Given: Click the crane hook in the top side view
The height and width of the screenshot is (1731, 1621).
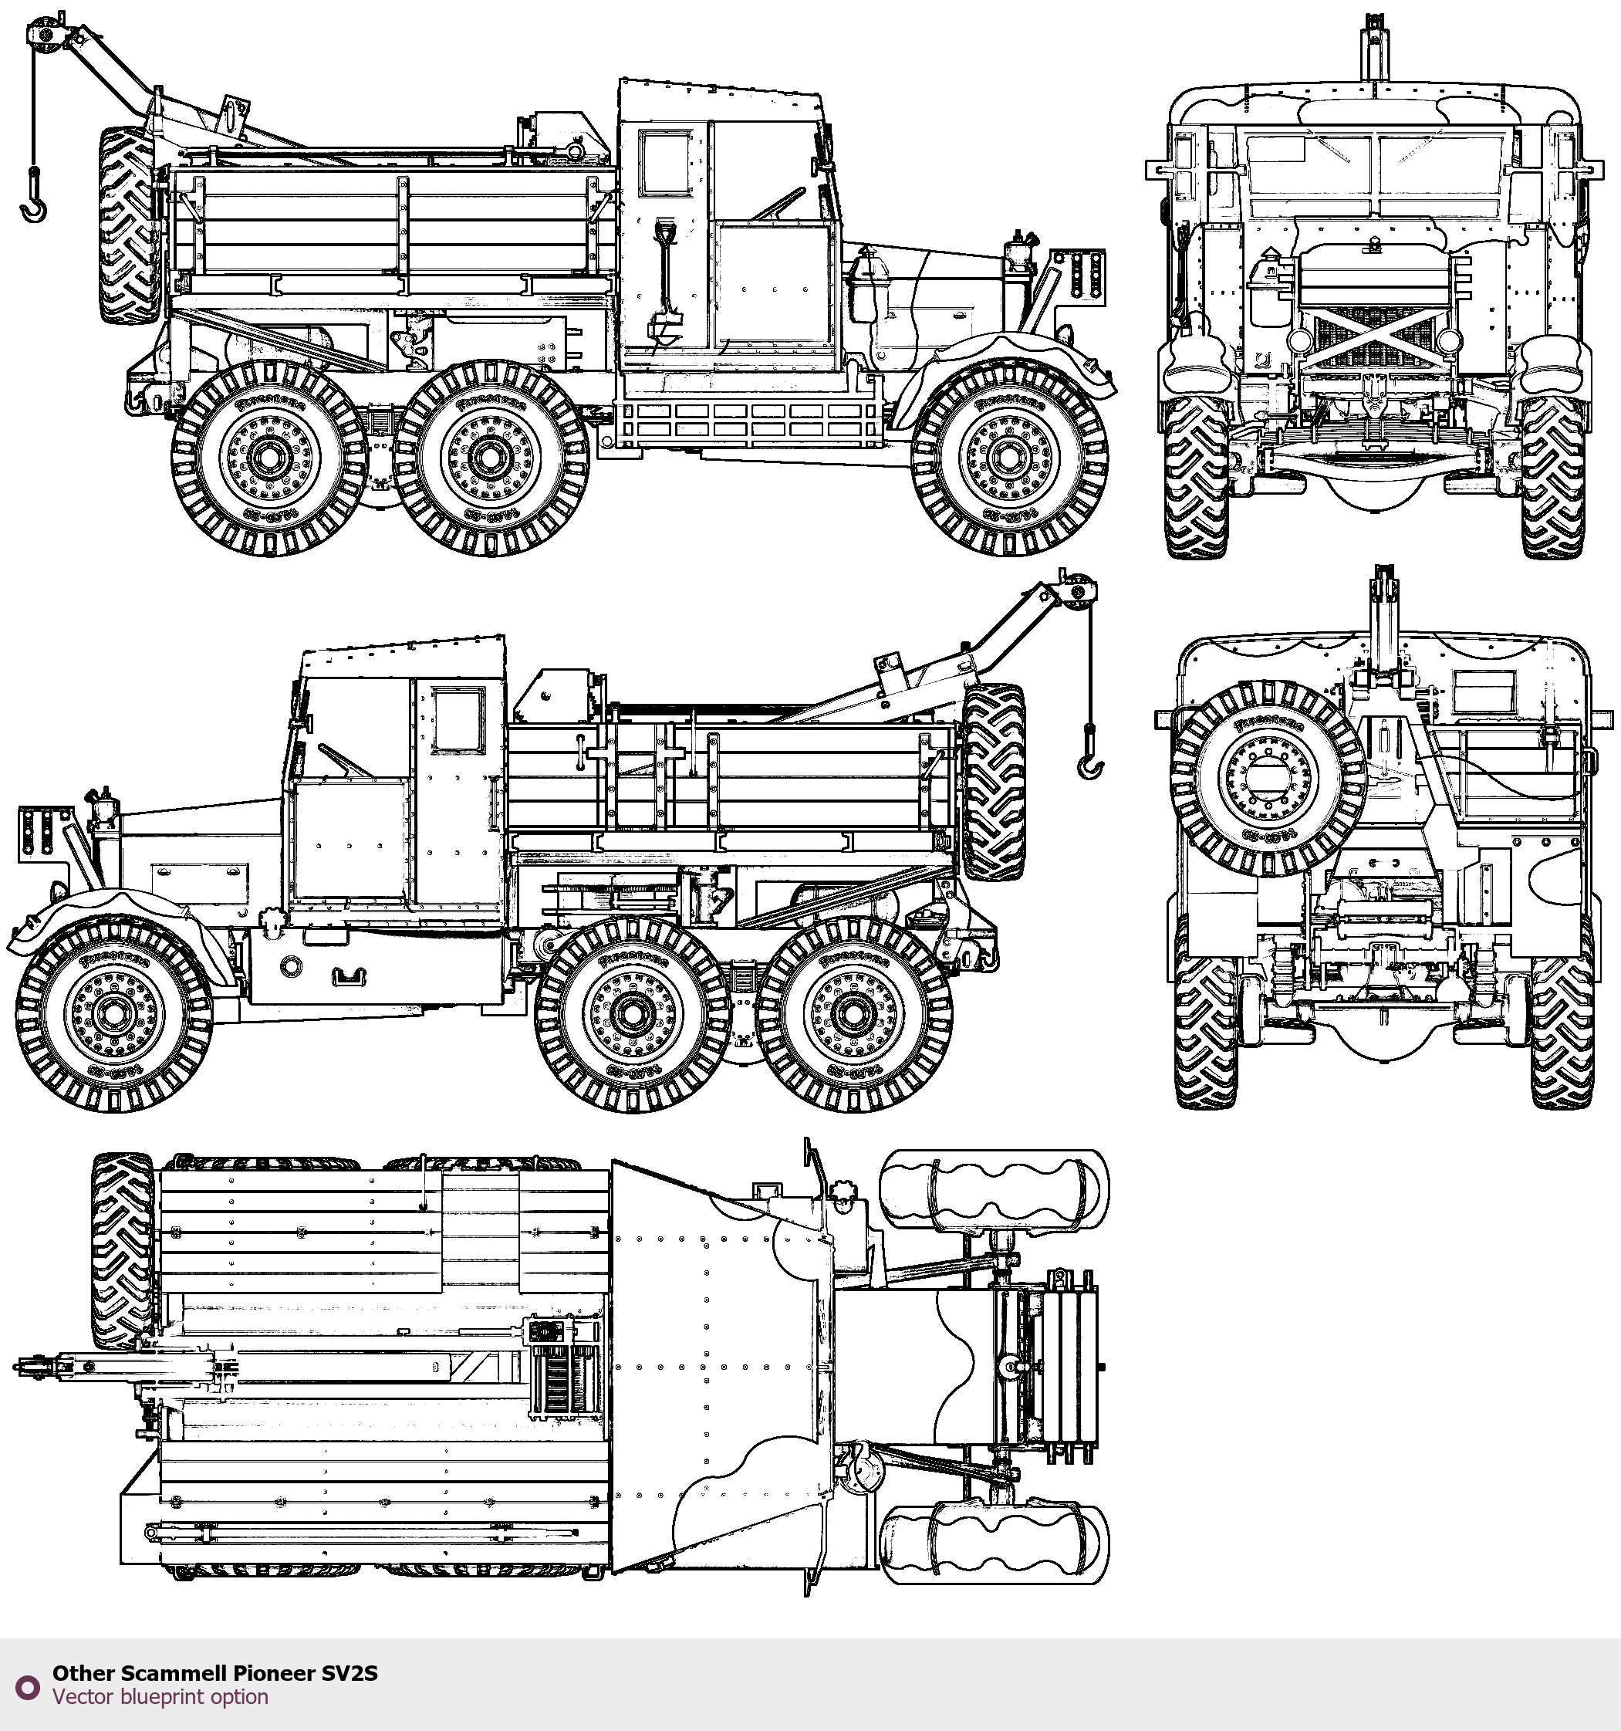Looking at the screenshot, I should click(x=34, y=209).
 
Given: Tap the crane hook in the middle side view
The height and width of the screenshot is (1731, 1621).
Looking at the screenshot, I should click(x=1090, y=766).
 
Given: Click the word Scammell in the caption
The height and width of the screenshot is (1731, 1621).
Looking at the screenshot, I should click(x=174, y=1672).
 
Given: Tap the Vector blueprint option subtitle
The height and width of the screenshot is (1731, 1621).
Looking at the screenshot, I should click(x=160, y=1696).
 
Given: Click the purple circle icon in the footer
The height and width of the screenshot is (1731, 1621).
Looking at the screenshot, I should click(x=29, y=1686).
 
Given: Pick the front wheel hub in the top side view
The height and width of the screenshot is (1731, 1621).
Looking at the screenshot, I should click(x=1009, y=458).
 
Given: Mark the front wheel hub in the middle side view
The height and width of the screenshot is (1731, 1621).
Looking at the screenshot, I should click(x=113, y=1014).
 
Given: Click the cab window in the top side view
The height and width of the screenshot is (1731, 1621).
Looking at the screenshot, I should click(x=667, y=163).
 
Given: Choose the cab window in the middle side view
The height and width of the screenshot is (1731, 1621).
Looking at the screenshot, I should click(x=459, y=719).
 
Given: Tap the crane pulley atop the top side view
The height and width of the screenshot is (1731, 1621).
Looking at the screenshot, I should click(x=42, y=35).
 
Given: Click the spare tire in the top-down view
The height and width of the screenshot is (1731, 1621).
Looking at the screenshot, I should click(x=123, y=1250).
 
